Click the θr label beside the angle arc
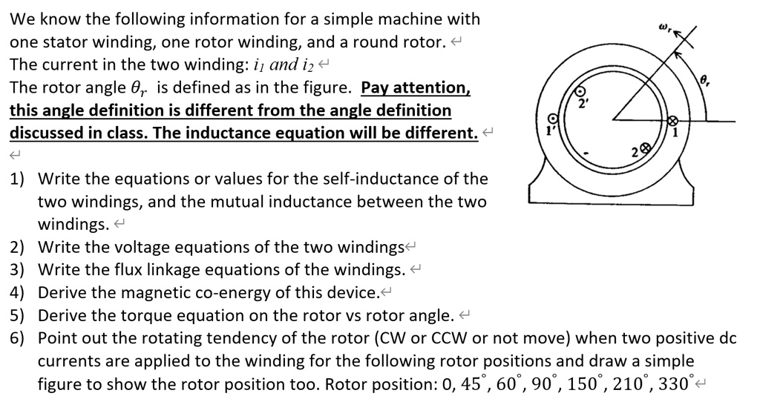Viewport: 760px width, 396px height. click(706, 79)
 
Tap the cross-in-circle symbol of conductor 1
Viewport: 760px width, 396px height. click(673, 121)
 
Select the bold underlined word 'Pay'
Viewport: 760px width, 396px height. click(376, 88)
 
